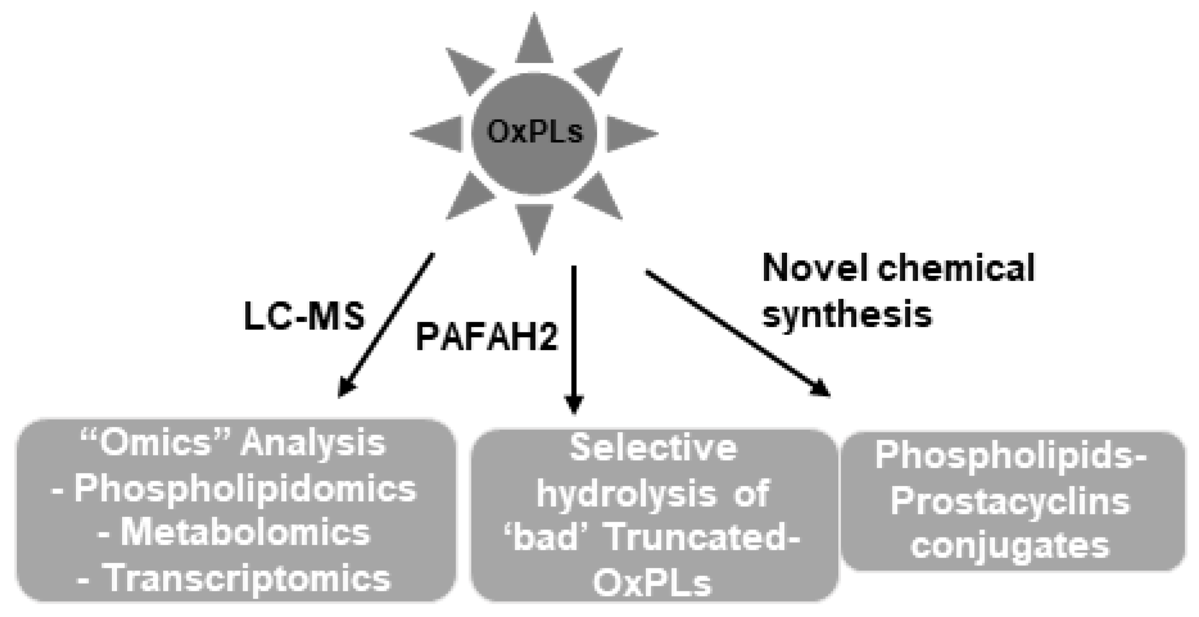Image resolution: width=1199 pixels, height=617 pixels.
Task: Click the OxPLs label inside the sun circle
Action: point(534,132)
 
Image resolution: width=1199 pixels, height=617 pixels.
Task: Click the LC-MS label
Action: point(304,316)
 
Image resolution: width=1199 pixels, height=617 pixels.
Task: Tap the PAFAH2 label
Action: point(486,337)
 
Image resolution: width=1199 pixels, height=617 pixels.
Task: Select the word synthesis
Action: point(847,313)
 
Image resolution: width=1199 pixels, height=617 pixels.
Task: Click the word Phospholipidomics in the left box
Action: point(245,489)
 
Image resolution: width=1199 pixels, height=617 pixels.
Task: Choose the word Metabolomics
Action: point(245,533)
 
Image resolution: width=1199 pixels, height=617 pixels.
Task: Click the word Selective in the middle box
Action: point(653,448)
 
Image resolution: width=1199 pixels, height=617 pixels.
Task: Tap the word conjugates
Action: point(1010,545)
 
